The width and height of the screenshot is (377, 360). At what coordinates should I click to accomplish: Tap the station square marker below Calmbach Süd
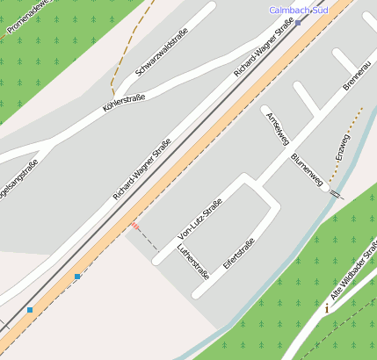point(298,23)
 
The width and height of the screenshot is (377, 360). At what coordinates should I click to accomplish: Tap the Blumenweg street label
point(307,169)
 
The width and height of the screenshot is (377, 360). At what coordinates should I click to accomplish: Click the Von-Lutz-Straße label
point(200,219)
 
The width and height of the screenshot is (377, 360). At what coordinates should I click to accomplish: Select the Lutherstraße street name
point(193,263)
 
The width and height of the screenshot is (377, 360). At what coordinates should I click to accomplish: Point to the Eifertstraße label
point(238,254)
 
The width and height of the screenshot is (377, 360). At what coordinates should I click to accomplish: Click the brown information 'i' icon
point(327,308)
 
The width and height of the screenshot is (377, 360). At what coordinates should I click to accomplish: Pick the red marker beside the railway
point(134,227)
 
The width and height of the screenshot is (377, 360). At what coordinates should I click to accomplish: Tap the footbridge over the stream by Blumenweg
point(335,190)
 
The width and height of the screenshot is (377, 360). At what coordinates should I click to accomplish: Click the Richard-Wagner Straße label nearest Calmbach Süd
point(264,49)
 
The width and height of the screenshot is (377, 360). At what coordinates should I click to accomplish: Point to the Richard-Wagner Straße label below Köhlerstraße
point(141,172)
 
